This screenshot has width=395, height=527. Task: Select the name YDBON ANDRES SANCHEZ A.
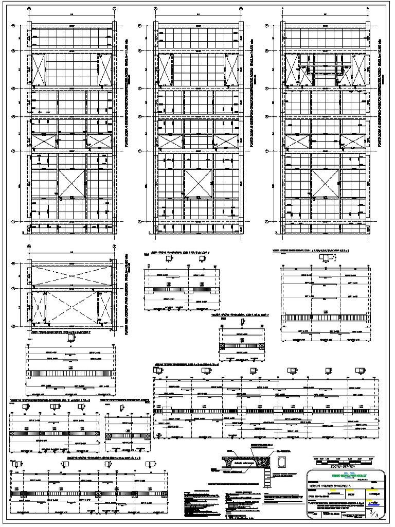330,484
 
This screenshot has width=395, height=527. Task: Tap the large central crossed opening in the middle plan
198,183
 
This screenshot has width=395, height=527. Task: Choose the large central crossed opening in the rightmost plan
325,183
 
